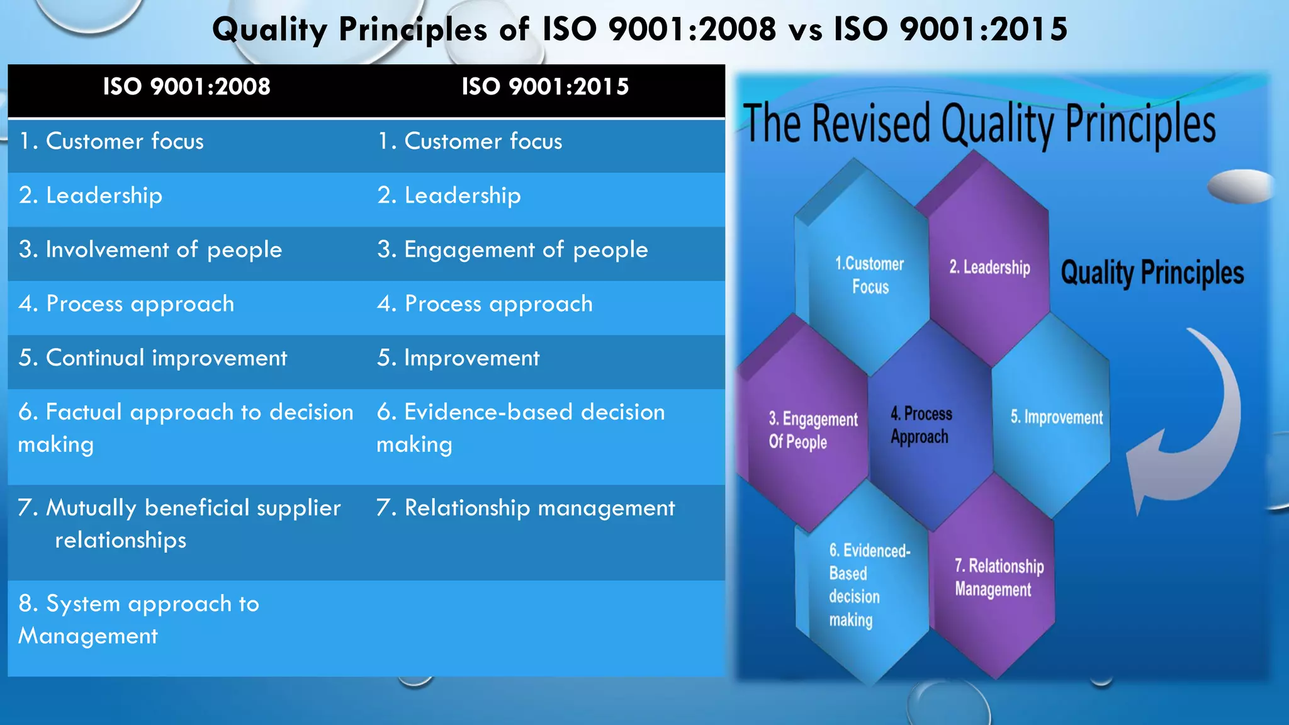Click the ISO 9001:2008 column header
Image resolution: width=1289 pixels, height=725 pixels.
(x=186, y=87)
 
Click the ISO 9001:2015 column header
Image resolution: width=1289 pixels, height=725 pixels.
(x=545, y=87)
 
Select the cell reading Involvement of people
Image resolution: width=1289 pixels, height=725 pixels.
(x=150, y=250)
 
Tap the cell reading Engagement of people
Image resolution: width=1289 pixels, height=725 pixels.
(x=512, y=250)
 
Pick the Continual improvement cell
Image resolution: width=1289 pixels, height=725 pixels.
(x=153, y=359)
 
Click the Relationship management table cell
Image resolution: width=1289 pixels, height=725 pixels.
(x=526, y=509)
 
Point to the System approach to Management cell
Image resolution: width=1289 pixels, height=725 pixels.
(x=138, y=620)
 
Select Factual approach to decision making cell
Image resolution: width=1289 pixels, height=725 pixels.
(x=185, y=429)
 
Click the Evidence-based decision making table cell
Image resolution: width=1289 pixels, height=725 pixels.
(x=521, y=429)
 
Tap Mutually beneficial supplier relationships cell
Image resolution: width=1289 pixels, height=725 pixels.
(x=179, y=524)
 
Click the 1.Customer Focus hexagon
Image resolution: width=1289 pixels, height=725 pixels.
(x=869, y=276)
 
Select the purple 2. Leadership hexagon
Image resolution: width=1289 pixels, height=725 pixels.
(x=989, y=268)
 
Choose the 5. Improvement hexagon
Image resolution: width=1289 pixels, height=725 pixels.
(x=1056, y=418)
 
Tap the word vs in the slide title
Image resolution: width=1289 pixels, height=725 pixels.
(x=805, y=30)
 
